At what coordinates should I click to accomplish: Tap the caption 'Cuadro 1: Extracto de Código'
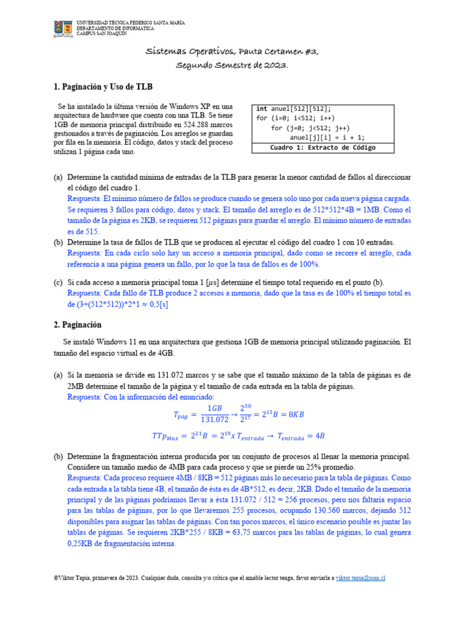[323, 148]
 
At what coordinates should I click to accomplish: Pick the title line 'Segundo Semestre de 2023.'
[232, 65]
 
